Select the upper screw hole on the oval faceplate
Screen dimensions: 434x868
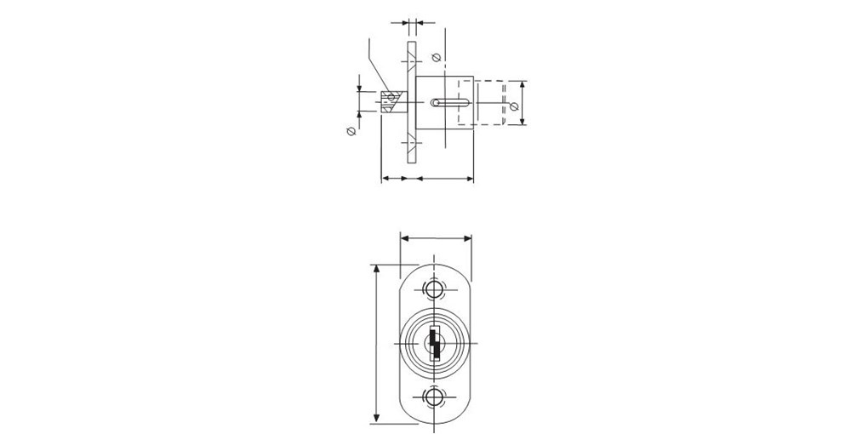pyautogui.click(x=435, y=290)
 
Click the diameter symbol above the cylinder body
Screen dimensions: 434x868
pyautogui.click(x=435, y=58)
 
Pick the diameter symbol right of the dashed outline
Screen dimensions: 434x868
pyautogui.click(x=513, y=106)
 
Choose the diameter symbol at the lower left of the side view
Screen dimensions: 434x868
pyautogui.click(x=350, y=131)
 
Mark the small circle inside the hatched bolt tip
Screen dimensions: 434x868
pyautogui.click(x=391, y=97)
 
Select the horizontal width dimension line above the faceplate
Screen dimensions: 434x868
pyautogui.click(x=435, y=239)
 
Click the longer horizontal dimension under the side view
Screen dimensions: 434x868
pyautogui.click(x=443, y=179)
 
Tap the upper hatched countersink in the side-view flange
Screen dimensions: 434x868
pyautogui.click(x=411, y=64)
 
